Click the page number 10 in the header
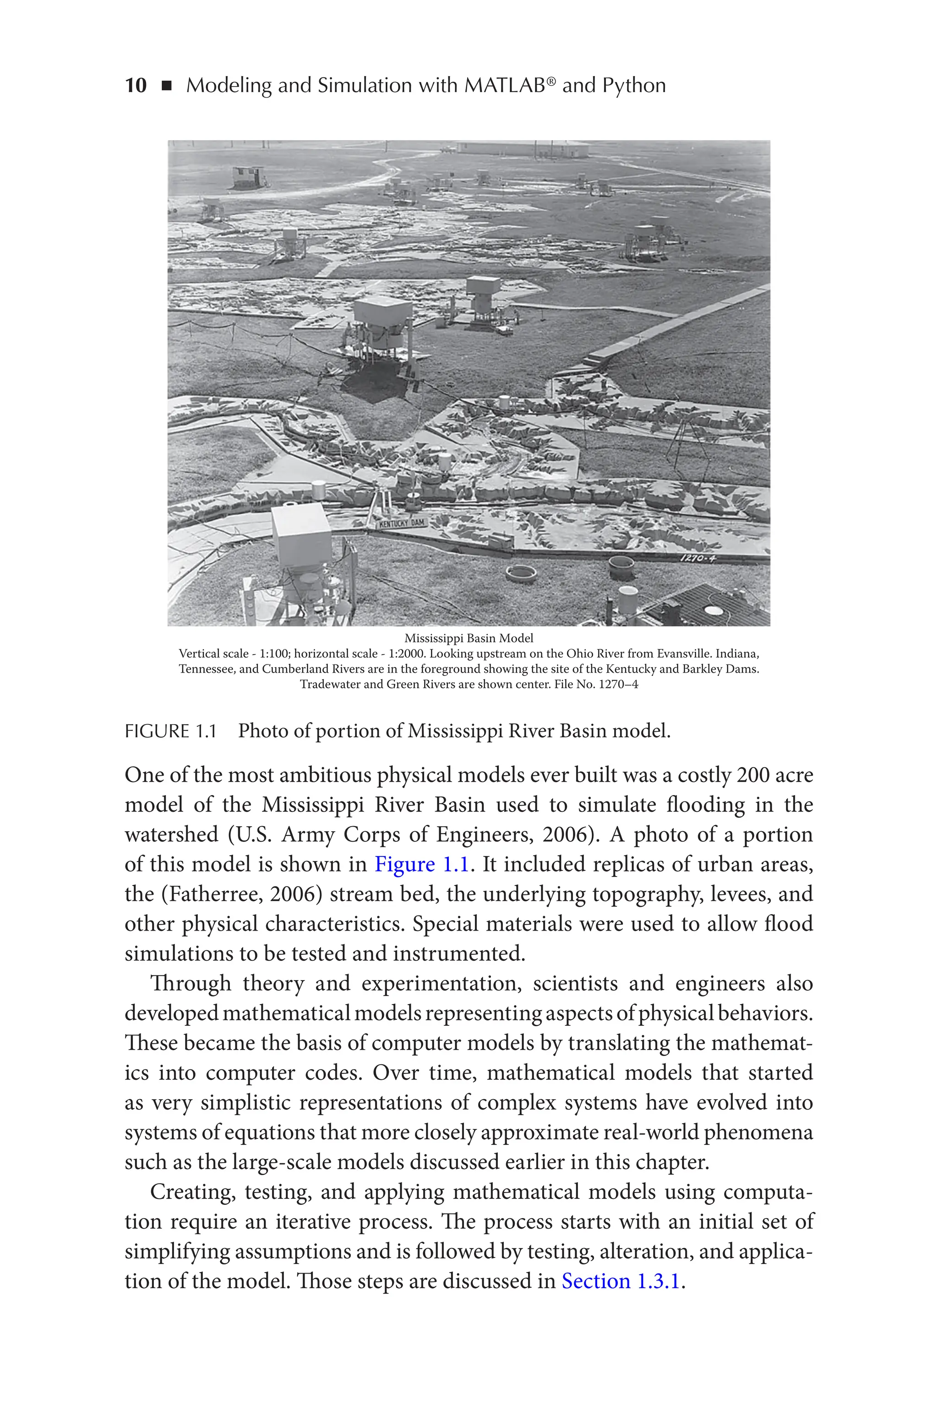point(135,86)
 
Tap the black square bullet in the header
point(167,86)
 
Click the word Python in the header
point(633,86)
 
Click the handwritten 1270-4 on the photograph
point(698,559)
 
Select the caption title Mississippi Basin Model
point(469,638)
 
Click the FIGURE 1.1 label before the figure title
point(170,731)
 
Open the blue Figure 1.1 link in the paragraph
point(421,865)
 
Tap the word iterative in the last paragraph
point(313,1222)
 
